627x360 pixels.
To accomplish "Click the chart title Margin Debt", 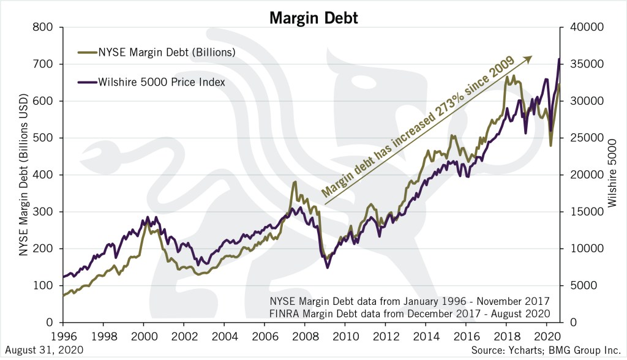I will [313, 18].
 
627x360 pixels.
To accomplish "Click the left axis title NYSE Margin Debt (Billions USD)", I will [22, 174].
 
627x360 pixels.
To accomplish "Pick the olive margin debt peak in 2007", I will [295, 182].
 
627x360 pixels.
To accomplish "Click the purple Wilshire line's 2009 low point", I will [328, 267].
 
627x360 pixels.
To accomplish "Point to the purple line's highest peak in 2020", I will [558, 59].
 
